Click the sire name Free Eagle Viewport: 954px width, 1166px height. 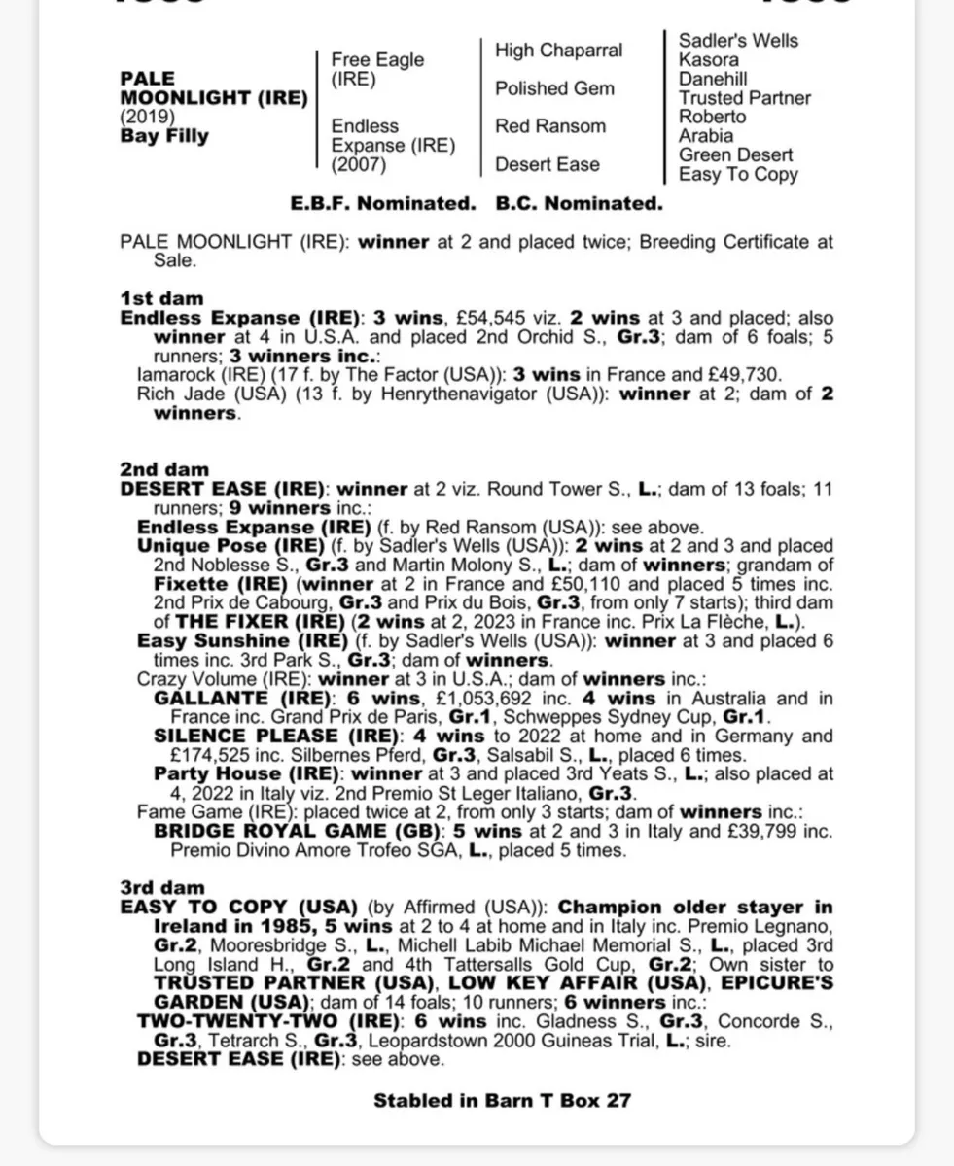coord(377,60)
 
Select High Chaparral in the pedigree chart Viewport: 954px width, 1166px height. coord(558,51)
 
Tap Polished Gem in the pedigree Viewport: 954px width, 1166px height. coord(554,88)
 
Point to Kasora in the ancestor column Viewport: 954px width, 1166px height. coord(708,59)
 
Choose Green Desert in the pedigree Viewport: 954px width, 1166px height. coord(735,155)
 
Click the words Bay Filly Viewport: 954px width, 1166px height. coord(164,136)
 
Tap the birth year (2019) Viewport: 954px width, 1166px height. coord(148,118)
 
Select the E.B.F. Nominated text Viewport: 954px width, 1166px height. coord(382,204)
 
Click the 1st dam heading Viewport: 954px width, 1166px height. coord(161,298)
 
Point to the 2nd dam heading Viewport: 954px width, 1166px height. coord(164,470)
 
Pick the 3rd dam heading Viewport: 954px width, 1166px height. coord(162,887)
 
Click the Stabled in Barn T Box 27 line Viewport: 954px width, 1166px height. coord(502,1101)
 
